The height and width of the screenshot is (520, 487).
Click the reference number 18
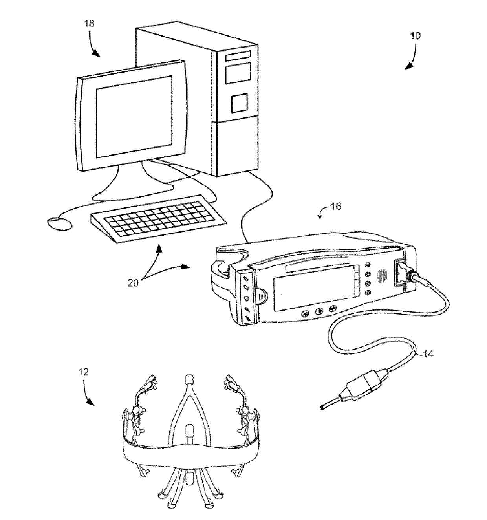pos(90,23)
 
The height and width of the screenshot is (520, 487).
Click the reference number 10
pos(415,36)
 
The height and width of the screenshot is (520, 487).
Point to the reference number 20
pos(133,282)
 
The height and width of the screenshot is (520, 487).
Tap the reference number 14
pos(428,354)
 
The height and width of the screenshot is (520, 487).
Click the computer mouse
pos(60,223)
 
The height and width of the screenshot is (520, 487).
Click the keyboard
pos(158,219)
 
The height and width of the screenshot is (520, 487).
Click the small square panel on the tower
pos(239,103)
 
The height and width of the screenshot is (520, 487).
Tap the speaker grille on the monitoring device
pos(381,275)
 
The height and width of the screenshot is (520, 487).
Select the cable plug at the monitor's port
pos(408,276)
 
